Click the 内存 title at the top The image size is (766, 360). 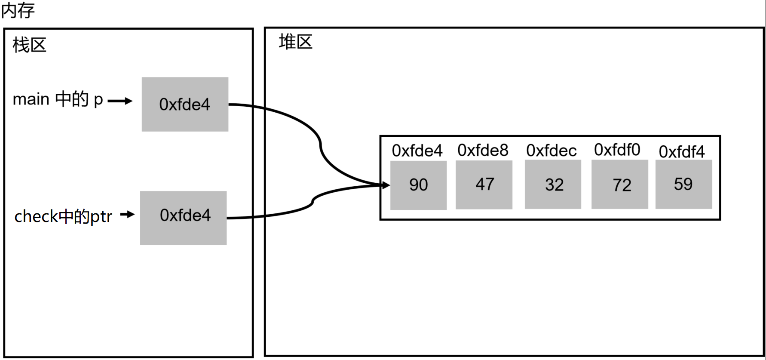tap(18, 10)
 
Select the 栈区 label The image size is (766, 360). tap(29, 45)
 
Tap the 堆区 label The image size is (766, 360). tap(295, 42)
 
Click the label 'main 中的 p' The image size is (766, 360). tap(58, 99)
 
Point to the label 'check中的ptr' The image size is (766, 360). tap(63, 216)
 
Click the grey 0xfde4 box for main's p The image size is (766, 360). tap(185, 104)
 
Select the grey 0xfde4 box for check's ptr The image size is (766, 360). tap(183, 218)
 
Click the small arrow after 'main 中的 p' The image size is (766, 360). tap(120, 101)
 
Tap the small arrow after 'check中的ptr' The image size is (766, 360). tap(128, 214)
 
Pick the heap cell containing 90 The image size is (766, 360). tap(418, 185)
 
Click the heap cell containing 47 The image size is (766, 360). tap(484, 185)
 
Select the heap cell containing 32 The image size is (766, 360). tap(553, 185)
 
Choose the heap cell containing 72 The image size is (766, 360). tap(620, 185)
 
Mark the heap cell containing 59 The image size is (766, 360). tap(683, 184)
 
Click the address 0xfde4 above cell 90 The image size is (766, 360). tap(417, 151)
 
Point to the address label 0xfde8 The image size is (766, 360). tap(483, 151)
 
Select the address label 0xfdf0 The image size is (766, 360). tap(617, 150)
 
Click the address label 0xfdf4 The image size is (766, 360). tap(682, 152)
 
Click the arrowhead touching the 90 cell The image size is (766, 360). tap(386, 185)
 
